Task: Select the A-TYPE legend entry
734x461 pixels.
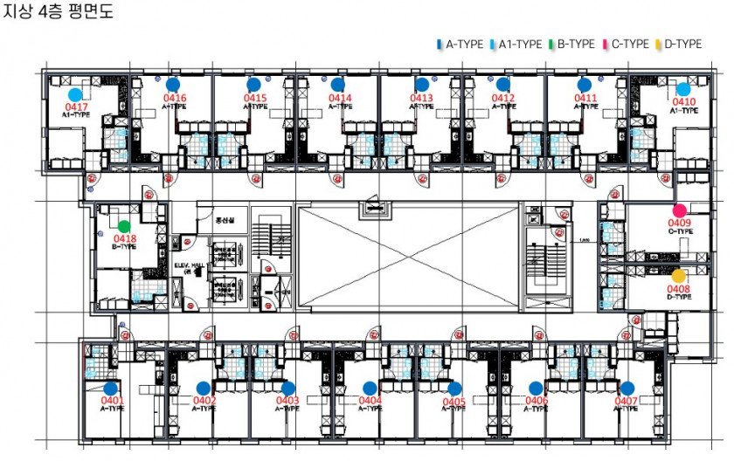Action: pyautogui.click(x=461, y=44)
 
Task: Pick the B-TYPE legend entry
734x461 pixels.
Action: pyautogui.click(x=571, y=44)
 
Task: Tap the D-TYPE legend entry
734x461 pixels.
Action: pyautogui.click(x=680, y=44)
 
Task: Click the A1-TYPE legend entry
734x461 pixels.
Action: pyautogui.click(x=516, y=44)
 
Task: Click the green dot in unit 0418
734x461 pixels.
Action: pyautogui.click(x=124, y=226)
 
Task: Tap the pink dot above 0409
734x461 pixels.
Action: pyautogui.click(x=679, y=210)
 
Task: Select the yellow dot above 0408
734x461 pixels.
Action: pyautogui.click(x=679, y=276)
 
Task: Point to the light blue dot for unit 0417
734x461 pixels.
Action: pyautogui.click(x=75, y=94)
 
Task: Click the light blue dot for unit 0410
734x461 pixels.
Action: pyautogui.click(x=683, y=89)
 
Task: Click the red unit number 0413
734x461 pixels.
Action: pyautogui.click(x=421, y=99)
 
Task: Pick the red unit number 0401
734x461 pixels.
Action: pyautogui.click(x=111, y=401)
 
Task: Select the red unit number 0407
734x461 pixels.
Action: pyautogui.click(x=626, y=401)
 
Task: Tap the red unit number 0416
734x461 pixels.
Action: pyautogui.click(x=174, y=99)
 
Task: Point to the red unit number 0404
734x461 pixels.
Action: pyautogui.click(x=370, y=401)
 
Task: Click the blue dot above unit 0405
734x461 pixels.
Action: pyautogui.click(x=454, y=389)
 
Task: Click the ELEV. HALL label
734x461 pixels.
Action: pyautogui.click(x=188, y=265)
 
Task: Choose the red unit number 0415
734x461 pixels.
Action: pyautogui.click(x=255, y=99)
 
